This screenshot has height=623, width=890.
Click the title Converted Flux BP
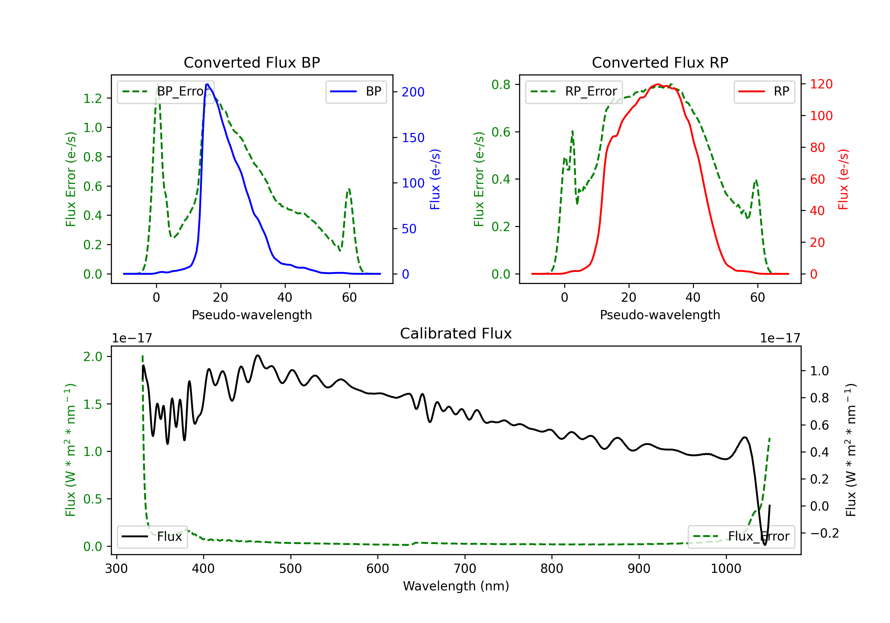252,62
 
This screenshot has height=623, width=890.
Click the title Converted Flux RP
660,62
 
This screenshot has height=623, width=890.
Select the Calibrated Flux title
456,333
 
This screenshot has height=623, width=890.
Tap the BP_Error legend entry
166,91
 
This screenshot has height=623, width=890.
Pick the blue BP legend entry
356,91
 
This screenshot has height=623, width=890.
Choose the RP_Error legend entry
574,91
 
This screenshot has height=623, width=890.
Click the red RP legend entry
764,91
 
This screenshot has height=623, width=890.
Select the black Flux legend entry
152,537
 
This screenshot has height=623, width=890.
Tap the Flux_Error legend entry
741,537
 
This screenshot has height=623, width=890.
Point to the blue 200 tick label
413,92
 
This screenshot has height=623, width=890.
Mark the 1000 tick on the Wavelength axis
726,569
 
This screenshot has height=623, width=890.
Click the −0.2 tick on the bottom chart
824,533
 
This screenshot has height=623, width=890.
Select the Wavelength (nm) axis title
456,586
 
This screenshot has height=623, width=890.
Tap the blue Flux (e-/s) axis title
435,179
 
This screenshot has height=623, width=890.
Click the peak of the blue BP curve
207,84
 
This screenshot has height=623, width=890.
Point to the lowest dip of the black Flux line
765,545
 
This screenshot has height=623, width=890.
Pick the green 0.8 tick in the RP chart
501,85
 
